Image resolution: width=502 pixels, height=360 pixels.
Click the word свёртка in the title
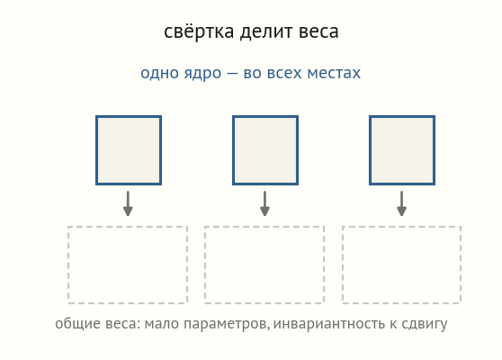[199, 31]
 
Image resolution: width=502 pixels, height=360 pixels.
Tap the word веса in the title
[318, 32]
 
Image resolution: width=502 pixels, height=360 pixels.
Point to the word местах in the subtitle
[334, 73]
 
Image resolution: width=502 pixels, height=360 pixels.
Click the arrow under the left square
[128, 203]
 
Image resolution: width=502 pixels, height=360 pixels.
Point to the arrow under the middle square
[264, 203]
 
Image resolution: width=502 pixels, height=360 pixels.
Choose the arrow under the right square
[402, 203]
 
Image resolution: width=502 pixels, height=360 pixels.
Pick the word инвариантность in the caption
[329, 324]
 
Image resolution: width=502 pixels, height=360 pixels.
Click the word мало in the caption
[161, 324]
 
